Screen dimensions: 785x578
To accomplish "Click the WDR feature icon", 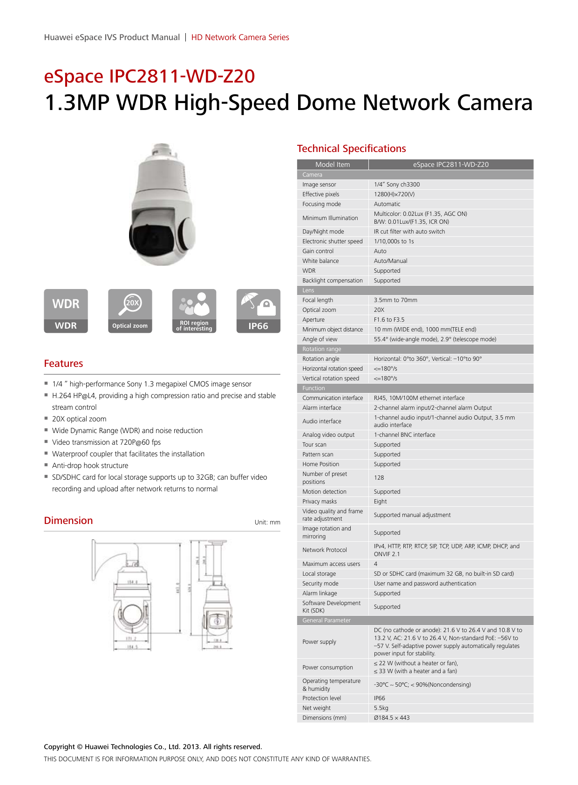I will (66, 311).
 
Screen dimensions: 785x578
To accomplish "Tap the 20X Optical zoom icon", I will (130, 311).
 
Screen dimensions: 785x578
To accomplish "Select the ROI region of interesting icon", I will (194, 311).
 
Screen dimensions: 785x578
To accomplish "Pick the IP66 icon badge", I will (258, 311).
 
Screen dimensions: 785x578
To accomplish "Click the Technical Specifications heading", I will (351, 149).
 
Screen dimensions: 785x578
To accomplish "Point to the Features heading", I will (63, 364).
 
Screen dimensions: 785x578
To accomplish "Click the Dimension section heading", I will (68, 521).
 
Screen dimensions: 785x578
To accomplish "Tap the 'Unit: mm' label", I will (267, 523).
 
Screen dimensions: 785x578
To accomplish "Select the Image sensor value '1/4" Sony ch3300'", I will (397, 185).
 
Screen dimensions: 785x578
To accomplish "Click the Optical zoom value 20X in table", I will (379, 310).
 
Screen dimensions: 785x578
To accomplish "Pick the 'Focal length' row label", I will (318, 300).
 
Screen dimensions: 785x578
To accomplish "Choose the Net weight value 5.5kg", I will (381, 708).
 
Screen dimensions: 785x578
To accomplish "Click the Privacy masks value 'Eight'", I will (380, 502).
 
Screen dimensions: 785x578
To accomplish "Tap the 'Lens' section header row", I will (308, 290).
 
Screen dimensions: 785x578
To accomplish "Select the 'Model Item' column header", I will (333, 165).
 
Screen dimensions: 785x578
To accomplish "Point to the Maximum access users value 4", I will (376, 564).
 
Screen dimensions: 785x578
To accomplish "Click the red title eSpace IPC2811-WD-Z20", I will (150, 76).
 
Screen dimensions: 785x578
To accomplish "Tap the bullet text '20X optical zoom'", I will (79, 419).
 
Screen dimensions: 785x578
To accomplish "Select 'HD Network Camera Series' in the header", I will (240, 37).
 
